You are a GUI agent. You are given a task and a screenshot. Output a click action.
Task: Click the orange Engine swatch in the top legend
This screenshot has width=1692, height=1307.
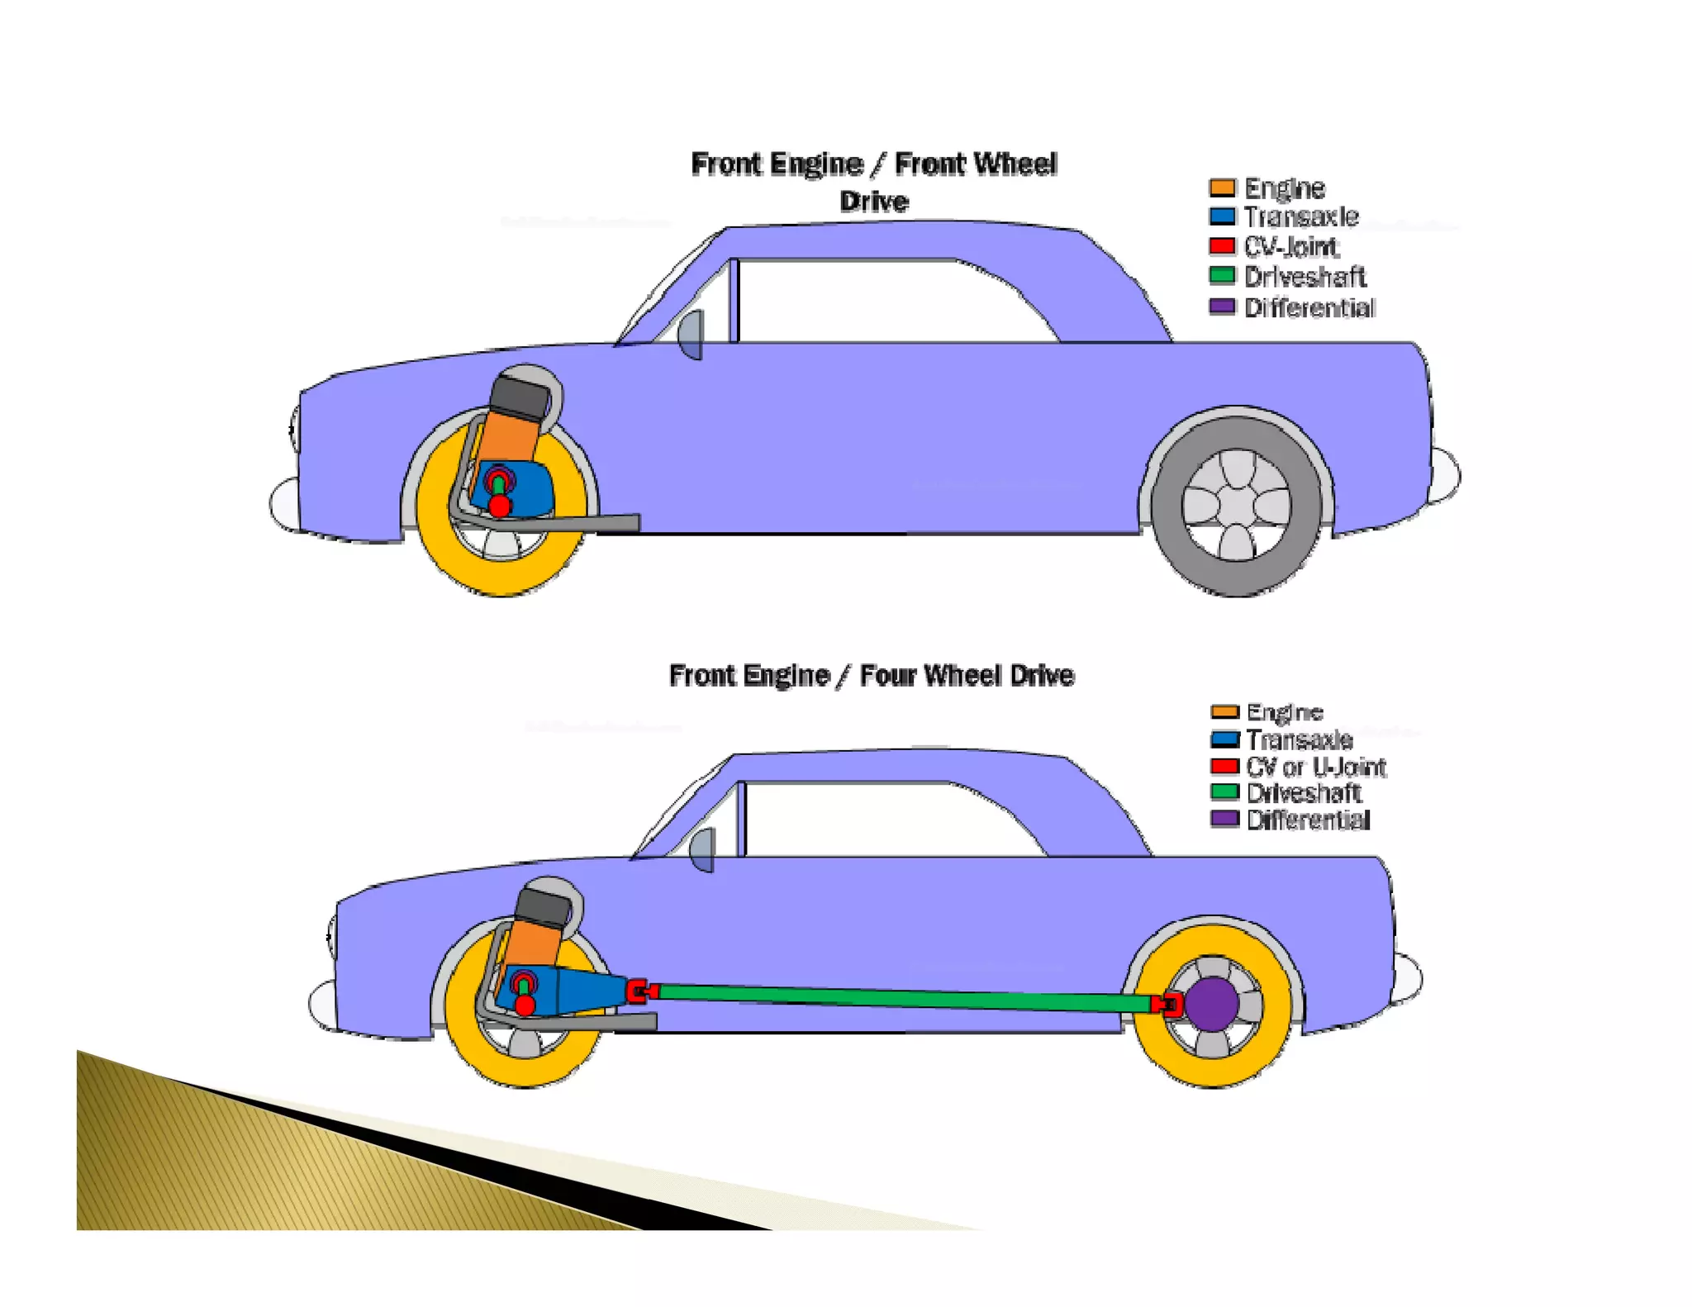pyautogui.click(x=1222, y=188)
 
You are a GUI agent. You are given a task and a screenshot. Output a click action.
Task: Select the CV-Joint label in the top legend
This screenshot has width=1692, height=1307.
pyautogui.click(x=1291, y=247)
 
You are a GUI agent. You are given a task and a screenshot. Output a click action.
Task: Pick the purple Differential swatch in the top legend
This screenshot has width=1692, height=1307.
pyautogui.click(x=1222, y=307)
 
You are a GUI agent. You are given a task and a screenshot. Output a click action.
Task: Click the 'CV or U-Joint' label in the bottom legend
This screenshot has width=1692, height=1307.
pyautogui.click(x=1315, y=767)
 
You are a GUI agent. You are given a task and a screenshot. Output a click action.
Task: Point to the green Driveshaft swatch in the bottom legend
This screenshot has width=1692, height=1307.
pyautogui.click(x=1224, y=792)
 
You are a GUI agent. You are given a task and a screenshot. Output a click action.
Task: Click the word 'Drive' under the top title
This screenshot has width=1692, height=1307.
pyautogui.click(x=874, y=202)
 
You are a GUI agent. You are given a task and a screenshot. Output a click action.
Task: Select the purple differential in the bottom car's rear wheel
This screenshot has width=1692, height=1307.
pyautogui.click(x=1212, y=1004)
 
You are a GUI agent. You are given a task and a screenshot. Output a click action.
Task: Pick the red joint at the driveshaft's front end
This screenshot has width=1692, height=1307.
pyautogui.click(x=638, y=991)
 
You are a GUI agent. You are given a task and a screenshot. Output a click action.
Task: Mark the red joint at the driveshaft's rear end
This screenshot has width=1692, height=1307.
pyautogui.click(x=1166, y=1005)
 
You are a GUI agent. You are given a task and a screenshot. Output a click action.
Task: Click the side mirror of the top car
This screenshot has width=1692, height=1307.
pyautogui.click(x=692, y=334)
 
